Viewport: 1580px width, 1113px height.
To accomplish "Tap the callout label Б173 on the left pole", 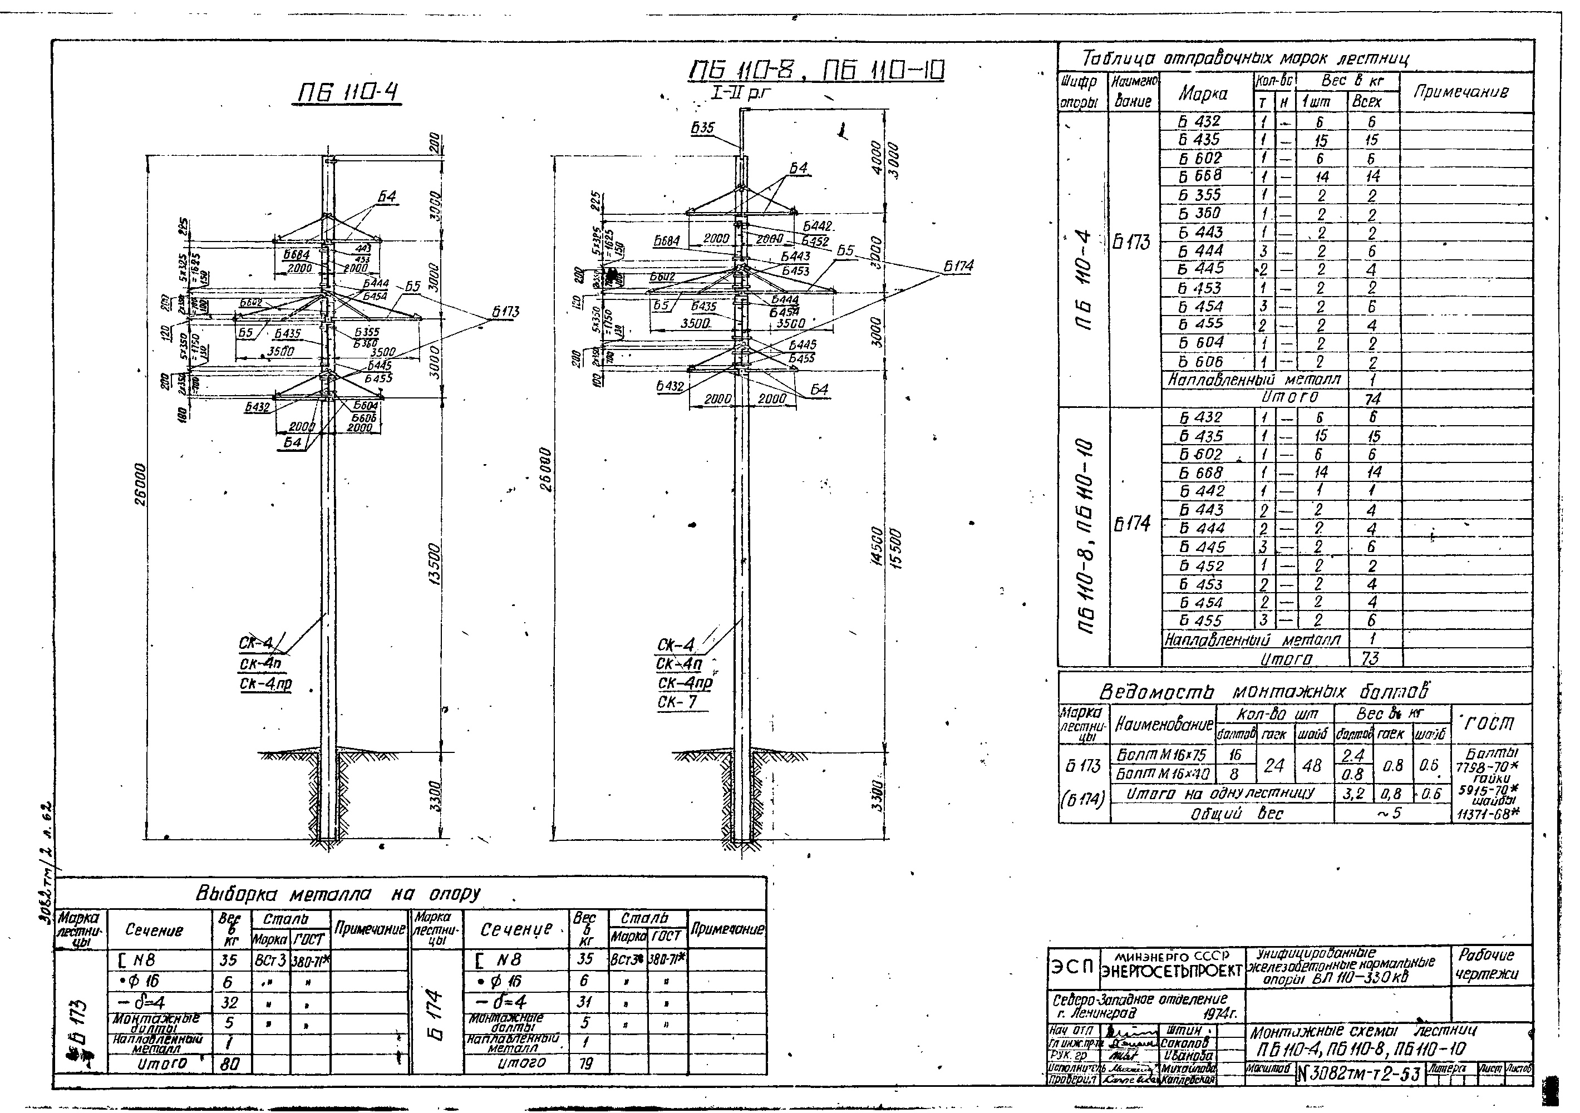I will [505, 311].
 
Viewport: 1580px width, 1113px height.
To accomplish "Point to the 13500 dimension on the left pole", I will [434, 564].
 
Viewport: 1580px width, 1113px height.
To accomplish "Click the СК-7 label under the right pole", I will [677, 702].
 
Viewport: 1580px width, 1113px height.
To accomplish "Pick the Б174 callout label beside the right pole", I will [958, 265].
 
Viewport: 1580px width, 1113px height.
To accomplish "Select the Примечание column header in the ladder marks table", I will [1460, 92].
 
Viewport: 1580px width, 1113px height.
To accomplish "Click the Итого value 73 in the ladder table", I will [1370, 658].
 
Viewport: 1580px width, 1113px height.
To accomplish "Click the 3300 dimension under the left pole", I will [434, 795].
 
